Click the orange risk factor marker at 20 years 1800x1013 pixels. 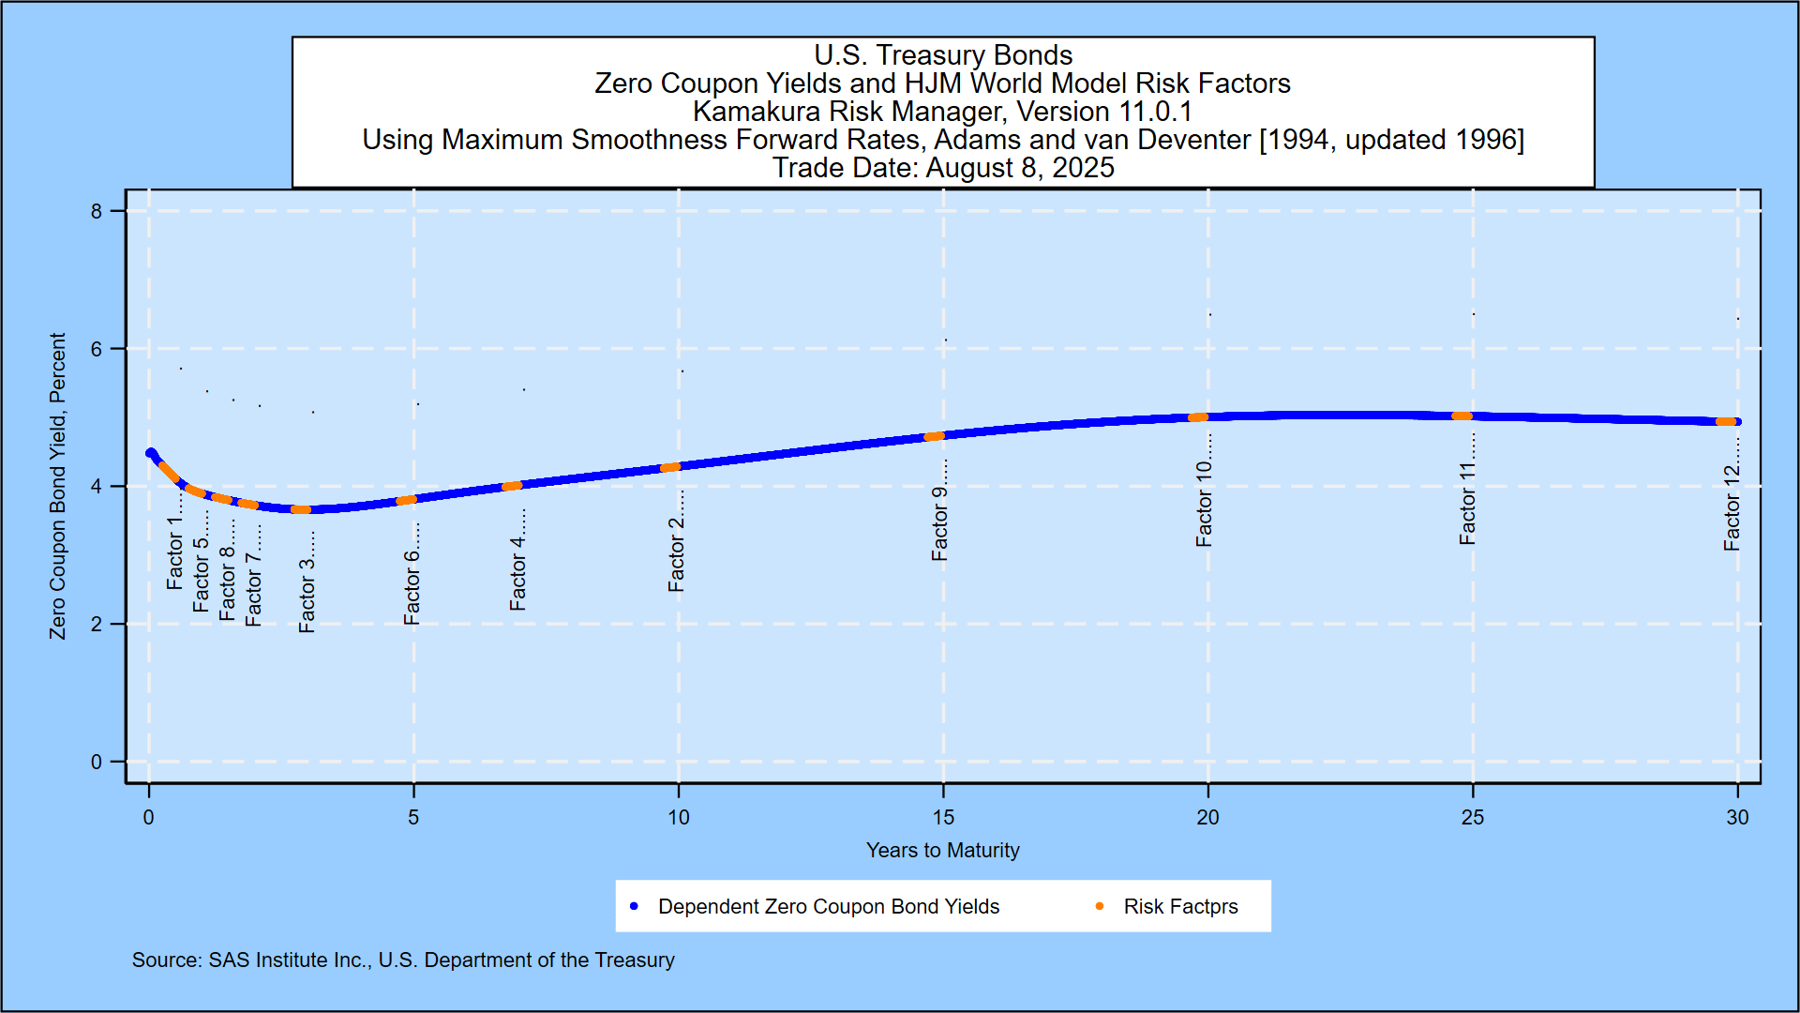click(1198, 417)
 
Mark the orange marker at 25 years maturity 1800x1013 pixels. click(1462, 416)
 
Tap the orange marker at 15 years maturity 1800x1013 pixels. click(934, 436)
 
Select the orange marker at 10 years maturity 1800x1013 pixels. click(670, 467)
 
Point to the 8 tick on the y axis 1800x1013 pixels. click(97, 211)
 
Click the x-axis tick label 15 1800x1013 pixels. click(943, 817)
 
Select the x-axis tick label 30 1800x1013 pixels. click(1737, 817)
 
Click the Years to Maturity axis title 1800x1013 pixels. click(942, 850)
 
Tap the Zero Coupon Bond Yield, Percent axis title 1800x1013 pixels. click(58, 486)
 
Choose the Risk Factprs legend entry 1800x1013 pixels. click(1180, 906)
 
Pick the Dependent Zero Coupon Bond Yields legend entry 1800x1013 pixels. click(828, 906)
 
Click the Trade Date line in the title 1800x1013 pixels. click(943, 168)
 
